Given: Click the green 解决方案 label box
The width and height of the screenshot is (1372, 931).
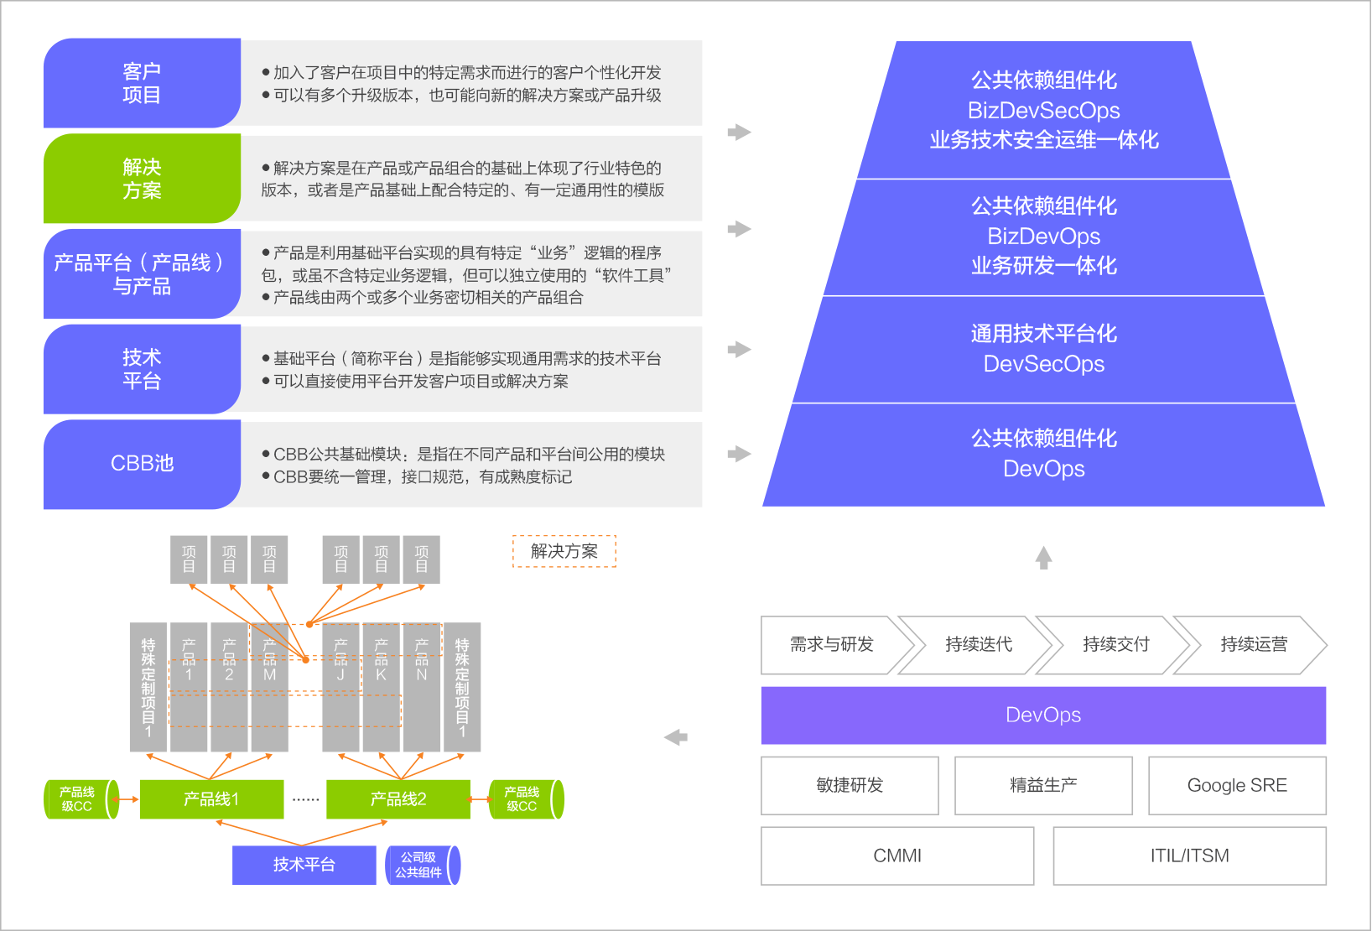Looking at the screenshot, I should pos(142,179).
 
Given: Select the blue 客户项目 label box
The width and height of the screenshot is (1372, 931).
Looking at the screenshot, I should pos(142,83).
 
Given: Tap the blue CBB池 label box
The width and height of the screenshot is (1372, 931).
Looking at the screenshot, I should pos(142,464).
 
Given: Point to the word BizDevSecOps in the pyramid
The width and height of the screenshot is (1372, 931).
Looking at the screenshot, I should pos(1043,111).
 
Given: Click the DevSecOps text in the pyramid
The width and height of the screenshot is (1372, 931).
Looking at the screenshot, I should pos(1043,364).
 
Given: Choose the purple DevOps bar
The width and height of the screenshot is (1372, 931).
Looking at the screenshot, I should pos(1043,715).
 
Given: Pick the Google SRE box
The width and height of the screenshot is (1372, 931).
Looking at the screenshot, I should pos(1237,786).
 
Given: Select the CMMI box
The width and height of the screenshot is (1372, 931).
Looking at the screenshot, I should pos(897,856).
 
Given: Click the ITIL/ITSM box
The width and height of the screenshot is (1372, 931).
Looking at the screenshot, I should pos(1189,856).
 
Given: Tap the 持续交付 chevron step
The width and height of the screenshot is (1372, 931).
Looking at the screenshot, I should pos(1115,645).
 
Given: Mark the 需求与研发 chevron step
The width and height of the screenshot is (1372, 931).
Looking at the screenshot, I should pos(832,645).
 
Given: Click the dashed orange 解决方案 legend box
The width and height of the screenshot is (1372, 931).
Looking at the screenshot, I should pos(564,552).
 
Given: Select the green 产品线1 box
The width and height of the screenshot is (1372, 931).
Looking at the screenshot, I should pos(211,799).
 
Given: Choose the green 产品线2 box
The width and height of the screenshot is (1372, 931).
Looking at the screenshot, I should pos(398,799).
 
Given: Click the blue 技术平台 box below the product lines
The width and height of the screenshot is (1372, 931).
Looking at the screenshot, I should pos(304,865).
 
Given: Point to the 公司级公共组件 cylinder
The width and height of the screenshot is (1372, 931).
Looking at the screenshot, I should pos(421,866).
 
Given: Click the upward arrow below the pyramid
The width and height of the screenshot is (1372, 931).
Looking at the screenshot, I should pos(1043,557).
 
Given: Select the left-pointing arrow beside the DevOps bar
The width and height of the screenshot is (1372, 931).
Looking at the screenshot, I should pos(675,737).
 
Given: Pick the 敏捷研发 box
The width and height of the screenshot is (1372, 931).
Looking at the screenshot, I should pos(850,786).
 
